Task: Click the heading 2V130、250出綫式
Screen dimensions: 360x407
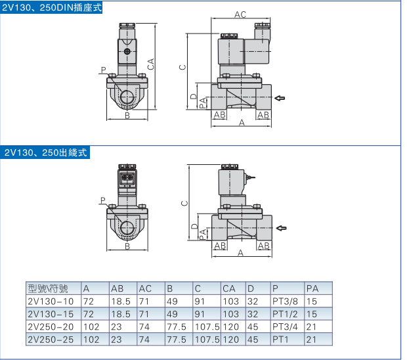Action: coord(45,152)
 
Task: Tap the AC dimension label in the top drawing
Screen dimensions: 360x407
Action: coord(240,14)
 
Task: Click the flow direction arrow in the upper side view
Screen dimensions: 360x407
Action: coord(280,99)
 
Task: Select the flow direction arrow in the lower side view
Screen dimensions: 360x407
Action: coord(281,229)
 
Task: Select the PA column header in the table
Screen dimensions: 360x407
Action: coord(312,288)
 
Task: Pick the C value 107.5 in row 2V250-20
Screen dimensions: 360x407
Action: coord(207,326)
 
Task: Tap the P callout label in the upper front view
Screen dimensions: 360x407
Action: coord(103,68)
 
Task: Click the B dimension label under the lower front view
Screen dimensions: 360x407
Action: coord(127,246)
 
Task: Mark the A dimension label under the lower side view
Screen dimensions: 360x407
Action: coord(240,252)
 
